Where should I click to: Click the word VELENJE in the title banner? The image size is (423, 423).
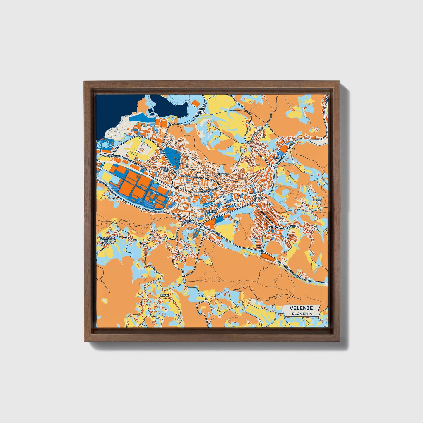pos(301,308)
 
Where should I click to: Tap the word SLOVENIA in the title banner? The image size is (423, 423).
pos(301,314)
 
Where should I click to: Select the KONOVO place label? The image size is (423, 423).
pos(223,174)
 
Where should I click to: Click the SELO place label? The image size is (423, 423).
pos(276,158)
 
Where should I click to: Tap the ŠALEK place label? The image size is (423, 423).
pos(258,198)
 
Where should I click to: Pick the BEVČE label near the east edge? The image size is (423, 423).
pos(317,200)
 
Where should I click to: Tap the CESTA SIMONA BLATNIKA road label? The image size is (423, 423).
pos(133,162)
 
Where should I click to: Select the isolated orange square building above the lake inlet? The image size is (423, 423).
pos(196,103)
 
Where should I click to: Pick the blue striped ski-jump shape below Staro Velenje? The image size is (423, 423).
pos(196,233)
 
